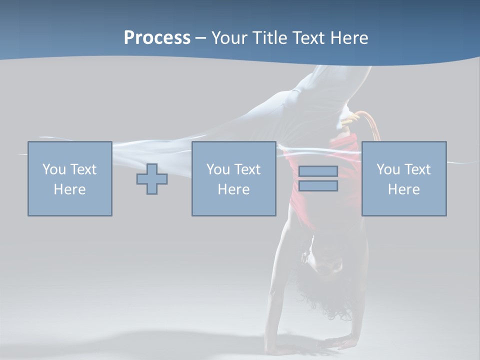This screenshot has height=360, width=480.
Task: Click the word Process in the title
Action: click(x=157, y=38)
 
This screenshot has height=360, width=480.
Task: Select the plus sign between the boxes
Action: click(x=152, y=179)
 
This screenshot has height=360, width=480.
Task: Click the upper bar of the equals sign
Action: click(x=318, y=171)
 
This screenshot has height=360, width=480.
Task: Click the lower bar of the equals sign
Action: click(x=318, y=186)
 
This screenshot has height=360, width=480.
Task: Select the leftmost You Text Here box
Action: click(x=70, y=178)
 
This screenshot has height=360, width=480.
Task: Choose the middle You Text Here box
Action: click(x=233, y=178)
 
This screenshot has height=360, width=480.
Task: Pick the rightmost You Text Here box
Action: click(x=404, y=178)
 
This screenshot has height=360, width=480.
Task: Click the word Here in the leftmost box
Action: click(x=70, y=189)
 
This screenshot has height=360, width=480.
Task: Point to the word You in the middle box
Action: click(x=218, y=169)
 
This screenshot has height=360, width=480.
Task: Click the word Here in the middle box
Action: click(x=233, y=189)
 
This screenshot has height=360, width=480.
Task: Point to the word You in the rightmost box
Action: click(x=388, y=169)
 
